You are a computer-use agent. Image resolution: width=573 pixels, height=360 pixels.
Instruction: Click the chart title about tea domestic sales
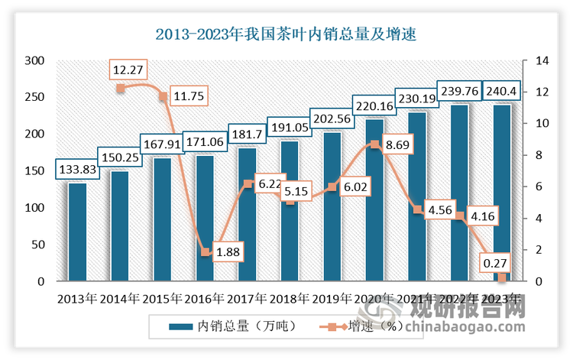[x=286, y=34]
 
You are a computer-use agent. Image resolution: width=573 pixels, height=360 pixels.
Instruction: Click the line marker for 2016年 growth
[x=205, y=251]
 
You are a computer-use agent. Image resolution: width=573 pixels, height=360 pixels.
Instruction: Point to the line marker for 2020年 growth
[x=374, y=144]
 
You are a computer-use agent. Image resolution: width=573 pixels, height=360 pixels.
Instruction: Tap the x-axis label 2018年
[x=290, y=298]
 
